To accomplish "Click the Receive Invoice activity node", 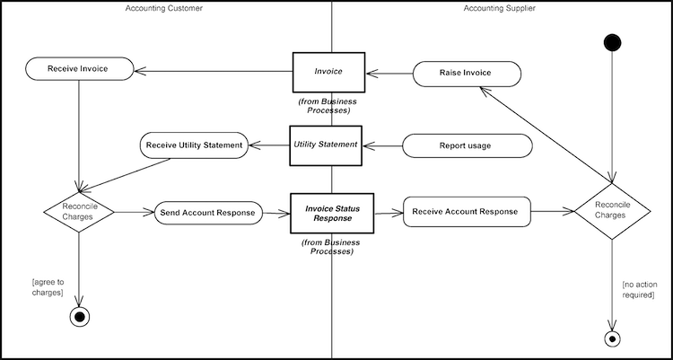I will point(80,68).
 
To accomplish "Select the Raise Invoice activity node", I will point(466,74).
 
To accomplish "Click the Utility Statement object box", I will point(326,145).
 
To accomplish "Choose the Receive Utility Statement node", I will point(194,145).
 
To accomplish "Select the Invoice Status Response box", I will point(331,213).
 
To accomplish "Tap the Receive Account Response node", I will point(467,212).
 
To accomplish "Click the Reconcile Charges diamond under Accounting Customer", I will point(80,213).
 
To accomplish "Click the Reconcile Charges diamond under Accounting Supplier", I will point(613,213).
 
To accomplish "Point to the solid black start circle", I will point(613,42).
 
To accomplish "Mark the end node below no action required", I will point(613,338).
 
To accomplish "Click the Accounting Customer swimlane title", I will point(164,8).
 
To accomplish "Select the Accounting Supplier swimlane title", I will point(500,8).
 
